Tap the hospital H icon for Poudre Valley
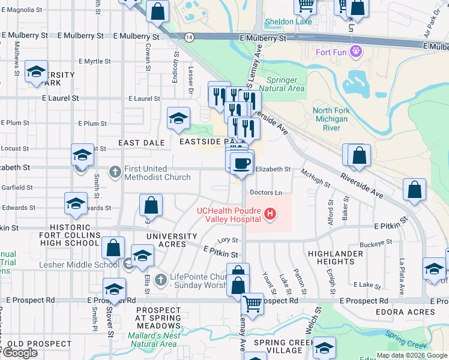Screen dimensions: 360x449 [271, 213]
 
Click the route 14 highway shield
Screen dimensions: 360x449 [189, 37]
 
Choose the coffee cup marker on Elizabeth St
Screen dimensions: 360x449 [241, 163]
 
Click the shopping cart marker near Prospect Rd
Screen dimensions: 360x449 [253, 304]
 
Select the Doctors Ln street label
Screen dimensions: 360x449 [266, 193]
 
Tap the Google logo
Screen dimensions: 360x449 [20, 352]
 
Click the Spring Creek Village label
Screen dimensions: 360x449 [282, 346]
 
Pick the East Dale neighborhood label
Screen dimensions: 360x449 [142, 142]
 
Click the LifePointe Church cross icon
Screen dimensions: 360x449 [159, 280]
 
